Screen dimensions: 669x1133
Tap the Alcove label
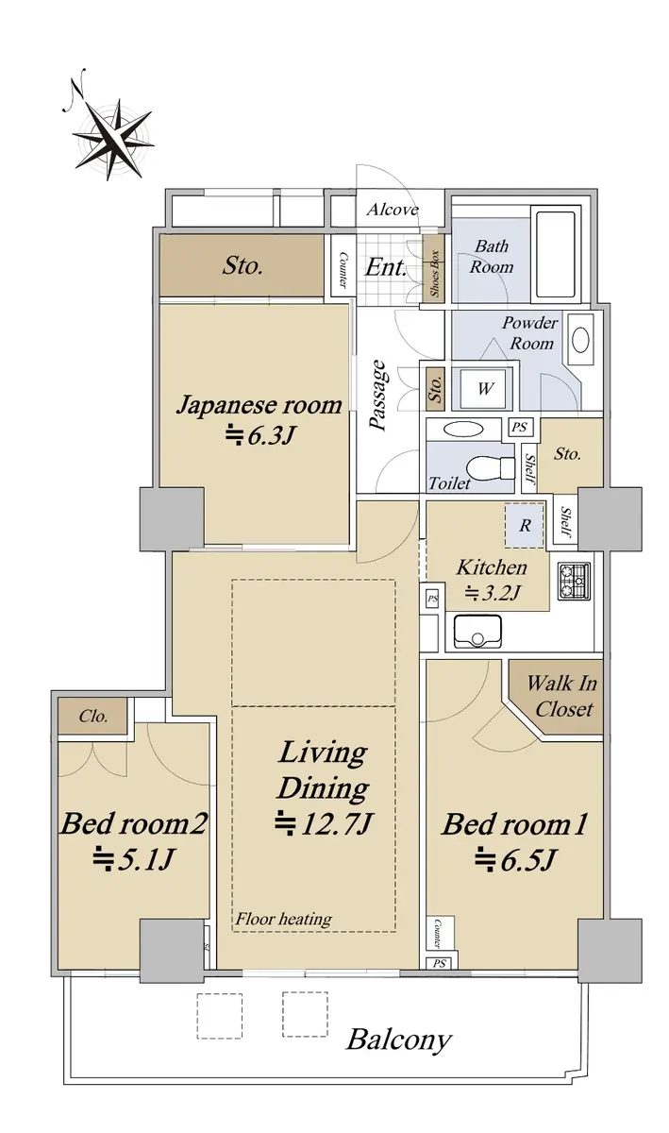(393, 210)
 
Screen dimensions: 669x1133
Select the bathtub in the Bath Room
(555, 254)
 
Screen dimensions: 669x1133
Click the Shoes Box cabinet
(433, 272)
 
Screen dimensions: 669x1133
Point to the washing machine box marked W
(485, 388)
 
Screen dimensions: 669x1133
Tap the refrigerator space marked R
(525, 526)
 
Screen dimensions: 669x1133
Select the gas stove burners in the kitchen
(574, 582)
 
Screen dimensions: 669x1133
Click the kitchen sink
(477, 632)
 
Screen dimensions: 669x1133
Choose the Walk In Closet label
(562, 696)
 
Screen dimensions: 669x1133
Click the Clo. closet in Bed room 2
(92, 716)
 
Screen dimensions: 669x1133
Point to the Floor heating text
(284, 918)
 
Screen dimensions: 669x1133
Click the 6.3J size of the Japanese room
(260, 435)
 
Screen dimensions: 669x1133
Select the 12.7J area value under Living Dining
(324, 824)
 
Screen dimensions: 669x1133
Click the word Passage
(378, 395)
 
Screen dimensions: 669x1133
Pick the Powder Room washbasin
(580, 339)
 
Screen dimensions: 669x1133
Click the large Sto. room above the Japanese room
(242, 265)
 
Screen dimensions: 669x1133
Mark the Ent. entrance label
(386, 266)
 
